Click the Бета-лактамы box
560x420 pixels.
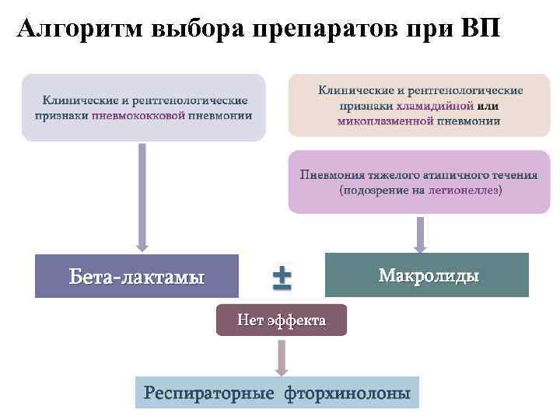[x=137, y=275]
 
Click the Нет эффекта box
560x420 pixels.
[x=282, y=320]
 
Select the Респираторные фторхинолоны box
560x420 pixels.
[x=277, y=393]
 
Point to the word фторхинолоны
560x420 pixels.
[x=348, y=394]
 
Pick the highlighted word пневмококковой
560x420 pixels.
[x=138, y=116]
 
